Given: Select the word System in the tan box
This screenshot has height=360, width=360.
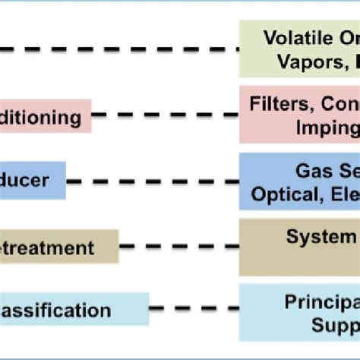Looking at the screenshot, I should [316, 237].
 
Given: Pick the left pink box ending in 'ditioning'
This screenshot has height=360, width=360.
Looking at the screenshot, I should [46, 117].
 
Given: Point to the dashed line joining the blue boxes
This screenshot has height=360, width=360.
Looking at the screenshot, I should [152, 182].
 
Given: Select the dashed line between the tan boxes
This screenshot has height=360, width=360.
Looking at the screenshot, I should [178, 247].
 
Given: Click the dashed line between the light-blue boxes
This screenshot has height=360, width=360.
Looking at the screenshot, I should [194, 310].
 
